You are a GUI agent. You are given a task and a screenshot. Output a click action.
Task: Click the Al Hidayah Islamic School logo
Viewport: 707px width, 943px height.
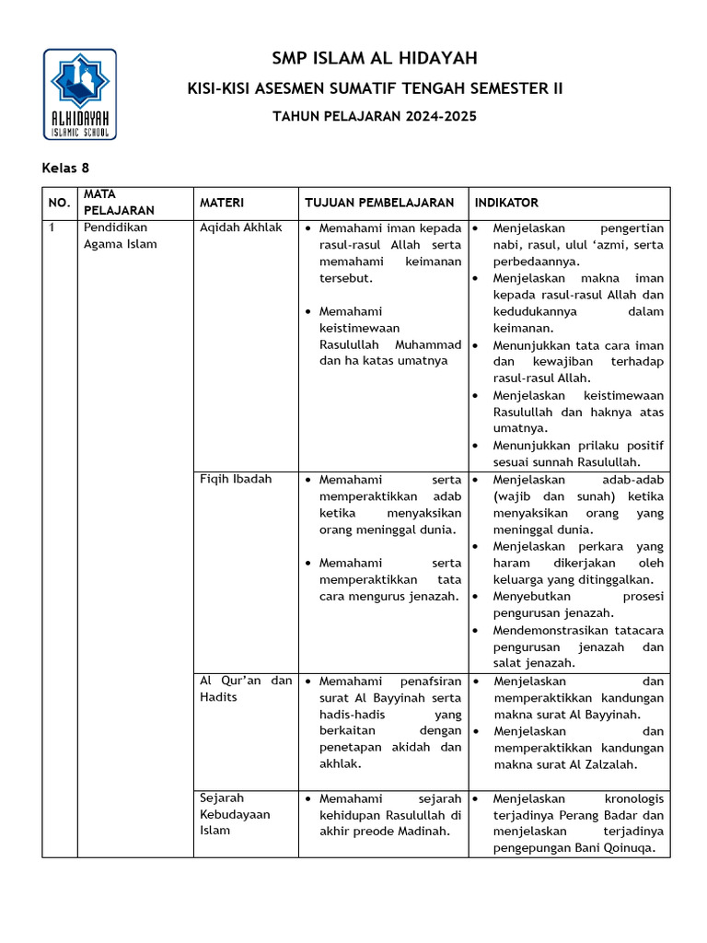80,94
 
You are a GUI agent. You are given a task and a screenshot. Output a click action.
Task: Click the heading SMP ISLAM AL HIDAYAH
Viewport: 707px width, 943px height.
375,59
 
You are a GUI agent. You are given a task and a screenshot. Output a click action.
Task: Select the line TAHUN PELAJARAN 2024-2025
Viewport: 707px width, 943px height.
376,116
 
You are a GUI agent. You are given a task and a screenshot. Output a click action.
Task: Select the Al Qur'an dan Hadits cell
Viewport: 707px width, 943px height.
246,689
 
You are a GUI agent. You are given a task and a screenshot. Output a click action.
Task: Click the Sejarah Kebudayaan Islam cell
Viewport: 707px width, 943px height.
235,814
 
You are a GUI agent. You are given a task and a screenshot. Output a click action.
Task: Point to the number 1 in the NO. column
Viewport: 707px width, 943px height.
52,227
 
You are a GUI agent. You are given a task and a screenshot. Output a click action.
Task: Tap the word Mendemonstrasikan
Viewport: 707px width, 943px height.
553,631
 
